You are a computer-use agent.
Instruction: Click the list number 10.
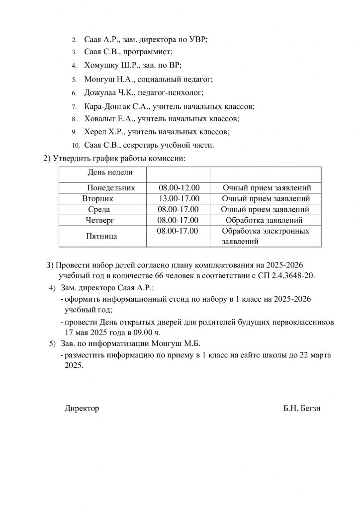[76, 146]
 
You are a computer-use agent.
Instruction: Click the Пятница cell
[102, 237]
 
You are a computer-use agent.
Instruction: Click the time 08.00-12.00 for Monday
[179, 188]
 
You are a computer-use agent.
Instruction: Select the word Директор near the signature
[82, 409]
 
